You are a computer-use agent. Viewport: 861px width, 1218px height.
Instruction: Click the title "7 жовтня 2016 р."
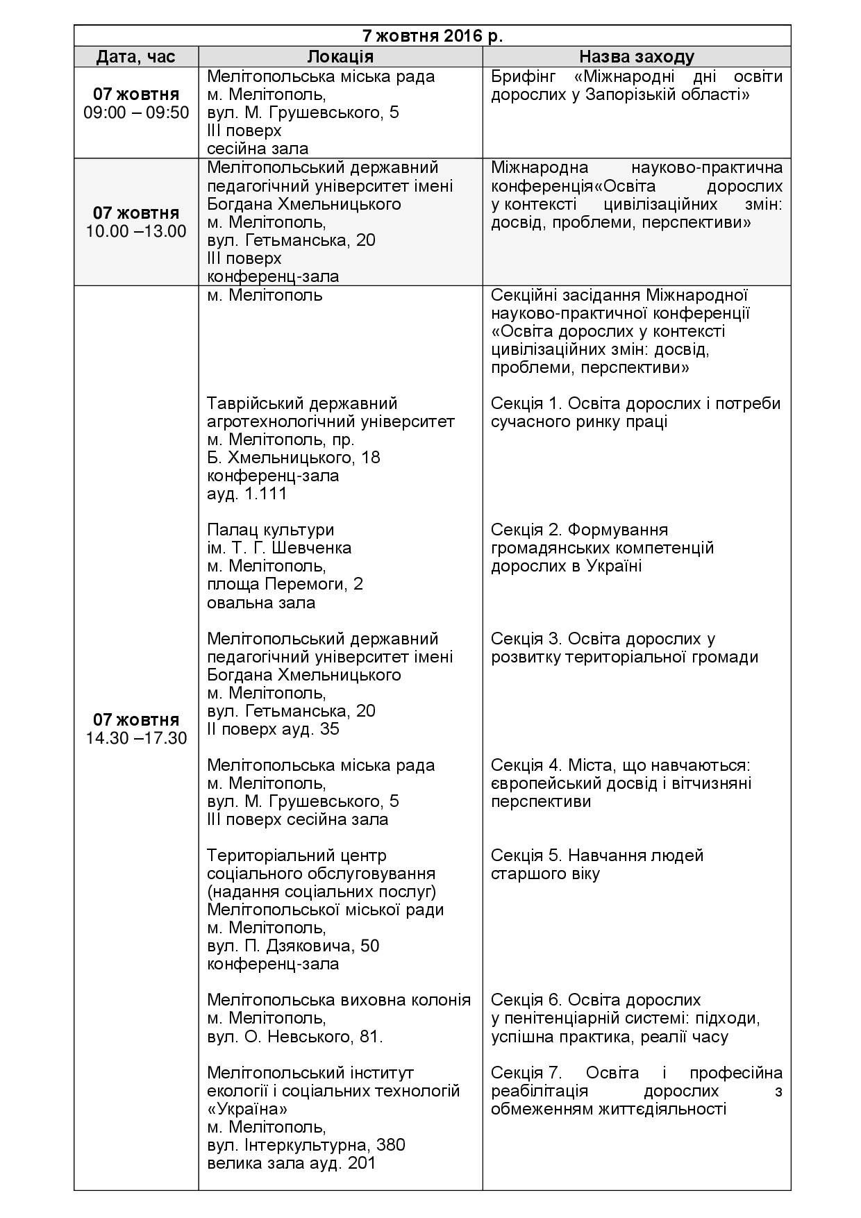pos(432,35)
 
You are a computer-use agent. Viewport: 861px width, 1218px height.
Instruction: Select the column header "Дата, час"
pos(136,57)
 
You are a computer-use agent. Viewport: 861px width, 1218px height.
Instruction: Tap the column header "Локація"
pos(340,57)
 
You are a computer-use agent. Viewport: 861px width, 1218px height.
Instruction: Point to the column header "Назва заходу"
pos(636,57)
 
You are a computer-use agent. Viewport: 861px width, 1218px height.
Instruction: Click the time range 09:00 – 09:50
pos(136,112)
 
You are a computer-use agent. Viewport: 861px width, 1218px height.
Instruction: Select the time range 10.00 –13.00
pos(136,231)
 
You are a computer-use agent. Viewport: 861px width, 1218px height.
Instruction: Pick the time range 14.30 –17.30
pos(136,737)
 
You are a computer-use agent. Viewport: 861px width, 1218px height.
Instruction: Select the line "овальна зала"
pos(261,602)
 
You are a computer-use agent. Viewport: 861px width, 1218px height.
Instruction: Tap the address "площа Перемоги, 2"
pos(285,584)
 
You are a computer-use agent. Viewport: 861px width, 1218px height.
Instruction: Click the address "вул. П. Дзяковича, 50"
pos(293,946)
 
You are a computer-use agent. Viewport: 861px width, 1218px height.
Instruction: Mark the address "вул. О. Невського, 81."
pos(295,1037)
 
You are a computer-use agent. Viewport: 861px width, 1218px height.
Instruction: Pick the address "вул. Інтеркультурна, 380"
pos(306,1145)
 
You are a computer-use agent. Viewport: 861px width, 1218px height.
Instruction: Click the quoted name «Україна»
pos(247,1109)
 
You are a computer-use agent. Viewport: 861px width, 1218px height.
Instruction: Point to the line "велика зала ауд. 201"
pos(292,1163)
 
